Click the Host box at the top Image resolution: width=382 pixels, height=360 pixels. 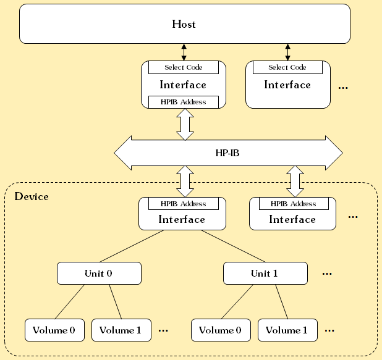[184, 24]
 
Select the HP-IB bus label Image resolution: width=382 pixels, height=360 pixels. [227, 152]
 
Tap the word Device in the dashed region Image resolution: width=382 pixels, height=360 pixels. [32, 196]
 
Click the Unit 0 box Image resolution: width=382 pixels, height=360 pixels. [99, 272]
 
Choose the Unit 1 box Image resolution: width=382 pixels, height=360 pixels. [265, 272]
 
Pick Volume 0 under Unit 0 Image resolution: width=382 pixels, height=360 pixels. [54, 330]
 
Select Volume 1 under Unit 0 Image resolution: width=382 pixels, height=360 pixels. [121, 330]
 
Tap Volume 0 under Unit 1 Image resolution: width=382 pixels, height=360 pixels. [221, 330]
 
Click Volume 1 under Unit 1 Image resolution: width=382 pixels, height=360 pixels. [287, 330]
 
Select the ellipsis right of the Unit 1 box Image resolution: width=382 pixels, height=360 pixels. [328, 273]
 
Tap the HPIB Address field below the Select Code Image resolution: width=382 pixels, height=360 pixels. [184, 102]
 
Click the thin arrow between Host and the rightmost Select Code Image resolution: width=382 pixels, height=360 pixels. [288, 52]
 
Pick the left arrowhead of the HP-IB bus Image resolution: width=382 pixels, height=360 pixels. [123, 152]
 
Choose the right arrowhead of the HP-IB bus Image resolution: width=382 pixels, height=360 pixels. [334, 152]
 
